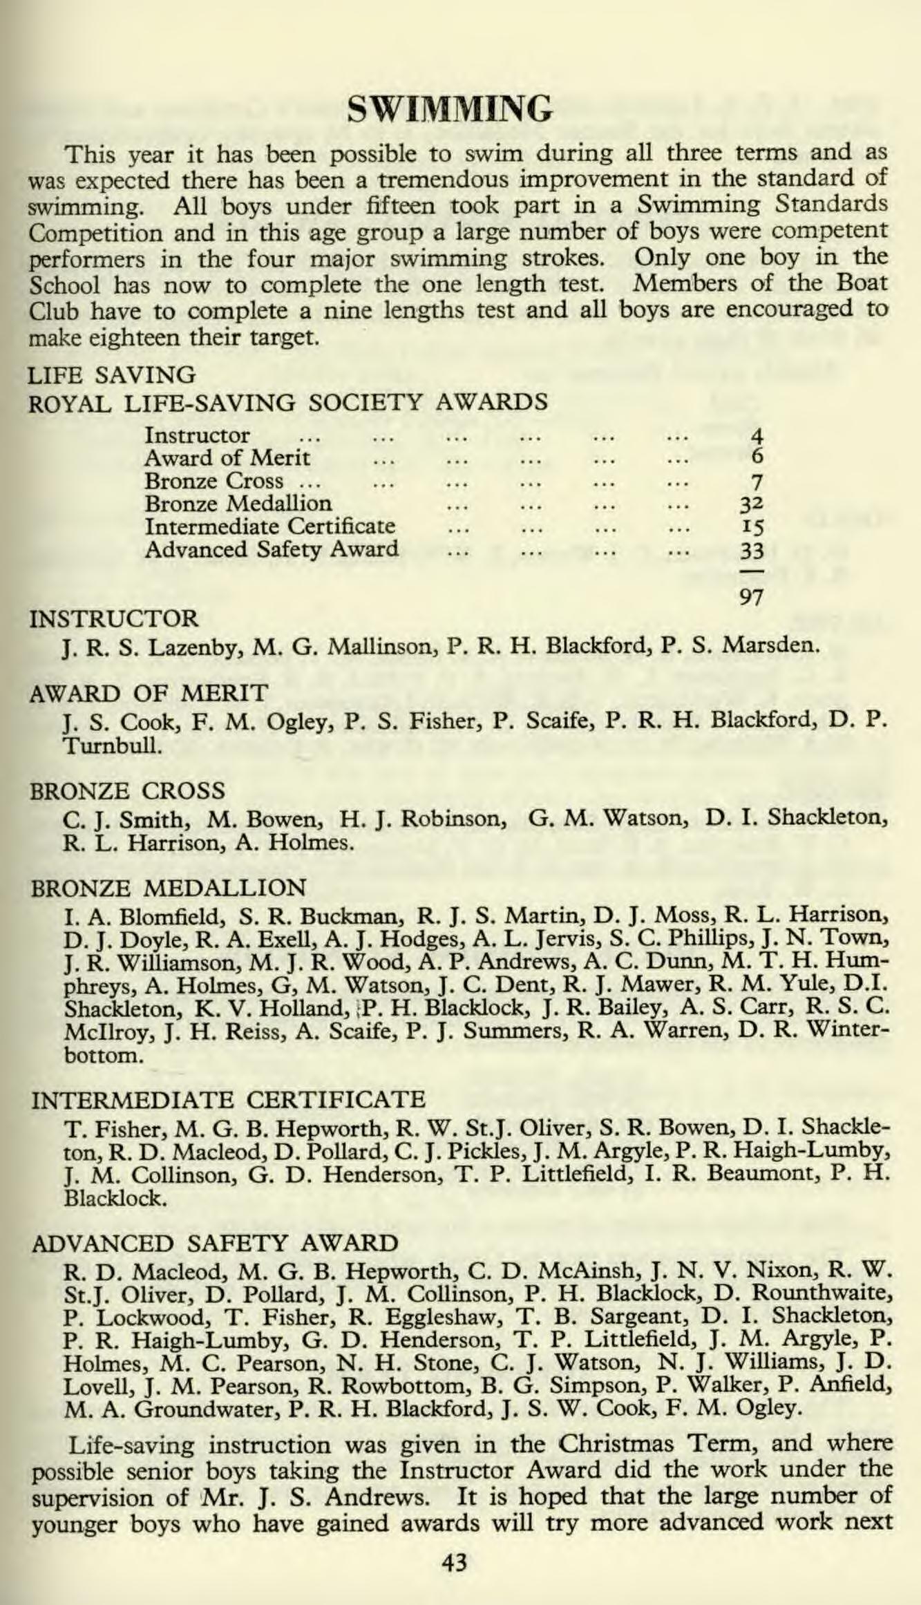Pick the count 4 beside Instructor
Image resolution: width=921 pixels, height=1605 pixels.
coord(756,435)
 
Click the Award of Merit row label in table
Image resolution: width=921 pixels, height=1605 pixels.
coord(227,457)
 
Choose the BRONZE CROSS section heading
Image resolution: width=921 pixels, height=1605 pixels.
coord(129,790)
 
